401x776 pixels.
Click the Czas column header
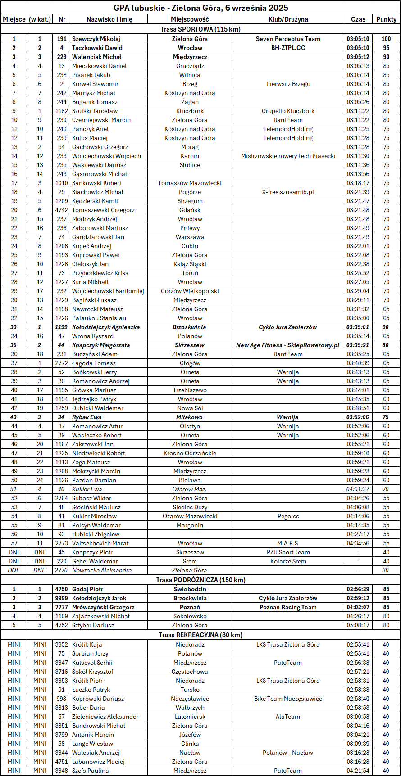tap(358, 19)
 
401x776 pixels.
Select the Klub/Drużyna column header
tap(288, 19)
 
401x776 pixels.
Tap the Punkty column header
tap(386, 19)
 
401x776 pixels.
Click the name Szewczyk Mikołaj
tap(96, 39)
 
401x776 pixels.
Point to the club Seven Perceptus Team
tap(288, 39)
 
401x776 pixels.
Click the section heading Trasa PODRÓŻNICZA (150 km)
tap(200, 580)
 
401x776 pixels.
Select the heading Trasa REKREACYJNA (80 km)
tap(200, 635)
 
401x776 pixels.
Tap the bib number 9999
tap(62, 598)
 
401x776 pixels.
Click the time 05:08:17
tap(358, 625)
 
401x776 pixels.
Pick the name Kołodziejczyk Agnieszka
tap(106, 327)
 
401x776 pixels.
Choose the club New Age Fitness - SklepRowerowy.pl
tap(288, 345)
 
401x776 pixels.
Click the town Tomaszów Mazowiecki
tap(190, 183)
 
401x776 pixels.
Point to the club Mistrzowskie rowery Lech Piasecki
tap(288, 156)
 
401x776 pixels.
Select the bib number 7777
tap(62, 607)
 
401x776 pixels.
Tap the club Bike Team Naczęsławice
tap(288, 699)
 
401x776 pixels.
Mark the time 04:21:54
tap(358, 771)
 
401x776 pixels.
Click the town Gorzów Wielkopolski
tap(190, 291)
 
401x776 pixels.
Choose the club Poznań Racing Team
tap(288, 607)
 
